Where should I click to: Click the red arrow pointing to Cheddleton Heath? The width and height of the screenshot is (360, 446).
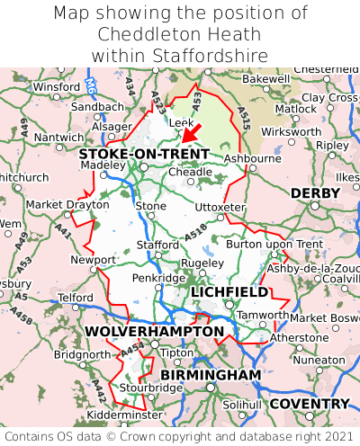coord(191,132)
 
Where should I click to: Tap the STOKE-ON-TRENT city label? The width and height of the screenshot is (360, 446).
coord(144,154)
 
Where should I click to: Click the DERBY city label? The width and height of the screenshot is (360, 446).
coord(314,193)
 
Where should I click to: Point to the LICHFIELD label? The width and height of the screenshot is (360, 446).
coord(229,292)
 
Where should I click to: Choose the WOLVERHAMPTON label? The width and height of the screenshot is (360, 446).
coord(154,332)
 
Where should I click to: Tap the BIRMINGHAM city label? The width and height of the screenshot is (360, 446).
coord(211,374)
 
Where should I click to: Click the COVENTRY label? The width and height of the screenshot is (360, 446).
coord(309,404)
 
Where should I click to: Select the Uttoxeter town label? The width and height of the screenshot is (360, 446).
coord(220,207)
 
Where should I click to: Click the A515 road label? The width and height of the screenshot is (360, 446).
coord(244,114)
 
